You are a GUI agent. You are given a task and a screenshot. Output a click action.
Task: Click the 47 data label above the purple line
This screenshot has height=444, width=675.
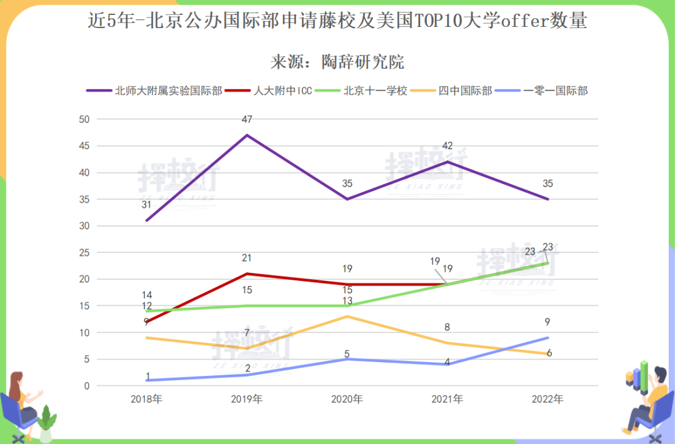247,119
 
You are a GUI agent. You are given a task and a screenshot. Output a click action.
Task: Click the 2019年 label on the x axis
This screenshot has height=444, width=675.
247,399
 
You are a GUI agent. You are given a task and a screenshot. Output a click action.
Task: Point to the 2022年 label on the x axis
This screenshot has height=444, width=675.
547,399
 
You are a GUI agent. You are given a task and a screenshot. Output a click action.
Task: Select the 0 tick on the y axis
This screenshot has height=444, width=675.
87,386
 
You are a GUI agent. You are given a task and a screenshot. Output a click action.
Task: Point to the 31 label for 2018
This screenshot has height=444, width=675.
147,205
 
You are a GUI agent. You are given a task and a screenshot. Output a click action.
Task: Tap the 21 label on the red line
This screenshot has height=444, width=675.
247,258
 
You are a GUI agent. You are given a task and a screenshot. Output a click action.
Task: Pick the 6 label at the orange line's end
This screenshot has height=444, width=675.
549,353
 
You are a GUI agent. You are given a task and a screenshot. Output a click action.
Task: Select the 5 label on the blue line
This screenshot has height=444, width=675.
347,355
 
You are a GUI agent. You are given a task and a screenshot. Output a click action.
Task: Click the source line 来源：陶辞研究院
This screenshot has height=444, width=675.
337,62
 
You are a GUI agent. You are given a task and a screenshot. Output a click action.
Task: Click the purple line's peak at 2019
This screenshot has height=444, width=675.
247,135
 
